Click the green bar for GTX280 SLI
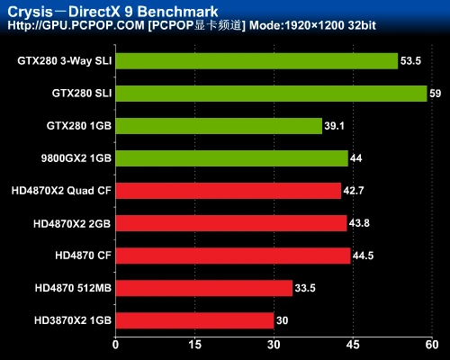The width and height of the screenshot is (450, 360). (x=270, y=94)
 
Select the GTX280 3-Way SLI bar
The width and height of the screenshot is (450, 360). (x=256, y=61)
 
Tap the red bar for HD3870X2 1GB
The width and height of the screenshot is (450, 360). (x=194, y=320)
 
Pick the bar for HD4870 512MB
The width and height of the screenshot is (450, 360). (x=203, y=288)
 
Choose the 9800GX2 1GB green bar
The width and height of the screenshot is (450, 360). (x=231, y=158)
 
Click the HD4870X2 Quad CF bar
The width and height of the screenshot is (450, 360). (x=228, y=191)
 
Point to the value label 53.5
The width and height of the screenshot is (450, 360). (x=410, y=61)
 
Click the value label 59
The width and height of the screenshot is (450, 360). (x=435, y=94)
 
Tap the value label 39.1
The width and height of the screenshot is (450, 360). (x=335, y=126)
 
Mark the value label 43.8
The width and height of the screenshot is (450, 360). (x=361, y=223)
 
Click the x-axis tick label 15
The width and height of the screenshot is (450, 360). (x=194, y=343)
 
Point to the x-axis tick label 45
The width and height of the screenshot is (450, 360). (x=353, y=343)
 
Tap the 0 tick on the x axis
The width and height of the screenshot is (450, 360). (x=115, y=343)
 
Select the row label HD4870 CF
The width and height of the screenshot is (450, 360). (x=83, y=256)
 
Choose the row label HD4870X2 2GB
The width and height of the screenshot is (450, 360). (x=72, y=223)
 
